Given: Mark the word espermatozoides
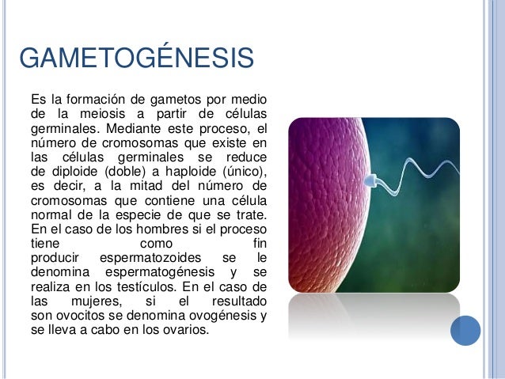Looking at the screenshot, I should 150,257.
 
